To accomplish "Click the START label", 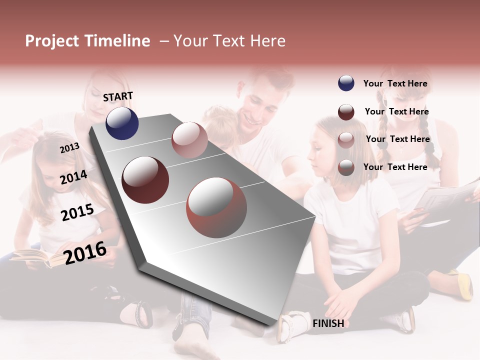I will pos(118,96).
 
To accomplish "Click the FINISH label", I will pos(328,323).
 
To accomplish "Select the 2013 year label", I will pos(69,147).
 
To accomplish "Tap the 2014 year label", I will pos(73,177).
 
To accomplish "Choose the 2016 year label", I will pos(85,252).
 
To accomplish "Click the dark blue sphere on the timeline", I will pos(122,123).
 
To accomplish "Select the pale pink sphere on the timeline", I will pos(189,140).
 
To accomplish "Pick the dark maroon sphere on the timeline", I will pos(145,180).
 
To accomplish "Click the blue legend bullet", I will pos(346,83).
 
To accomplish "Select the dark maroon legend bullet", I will pos(346,112).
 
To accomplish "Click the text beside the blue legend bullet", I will pos(395,83).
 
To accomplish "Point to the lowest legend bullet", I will pos(346,167).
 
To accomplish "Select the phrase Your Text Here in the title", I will pos(229,41).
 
